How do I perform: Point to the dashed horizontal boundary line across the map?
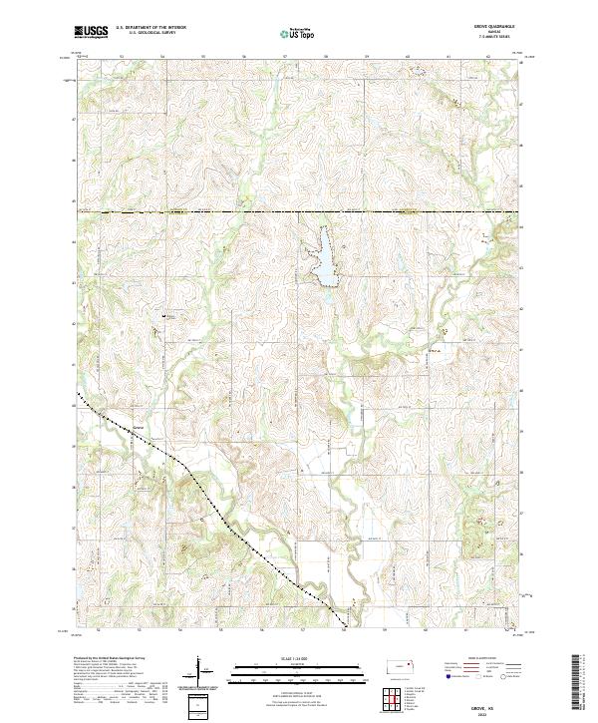299,212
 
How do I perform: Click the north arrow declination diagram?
203,670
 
